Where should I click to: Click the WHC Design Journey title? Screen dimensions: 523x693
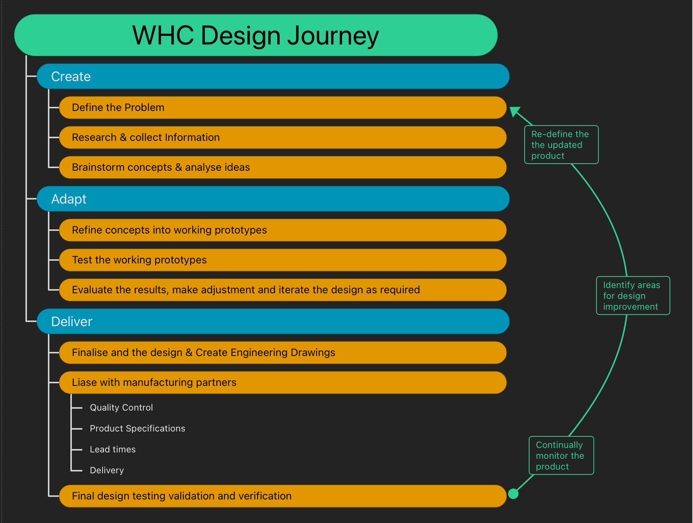tap(256, 35)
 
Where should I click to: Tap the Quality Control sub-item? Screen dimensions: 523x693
tap(121, 408)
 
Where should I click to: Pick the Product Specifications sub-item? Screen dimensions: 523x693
tap(137, 428)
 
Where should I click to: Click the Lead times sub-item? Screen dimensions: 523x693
tap(113, 449)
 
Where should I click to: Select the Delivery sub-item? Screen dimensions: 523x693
tap(107, 470)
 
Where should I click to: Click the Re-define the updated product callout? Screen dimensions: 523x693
tap(561, 145)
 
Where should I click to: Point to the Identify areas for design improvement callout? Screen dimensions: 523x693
tap(633, 296)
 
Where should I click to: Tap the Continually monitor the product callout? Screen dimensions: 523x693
tap(561, 456)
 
